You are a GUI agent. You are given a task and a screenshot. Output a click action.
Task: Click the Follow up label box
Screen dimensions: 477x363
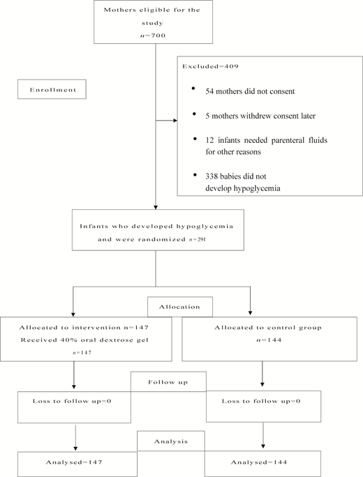pos(167,382)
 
